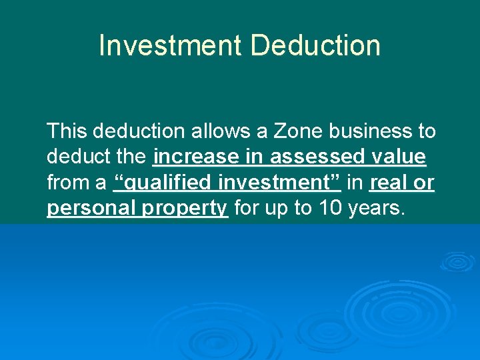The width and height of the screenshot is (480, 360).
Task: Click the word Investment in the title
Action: (x=171, y=46)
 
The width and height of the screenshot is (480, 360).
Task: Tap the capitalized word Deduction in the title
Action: (x=315, y=46)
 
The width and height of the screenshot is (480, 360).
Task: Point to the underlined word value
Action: (x=397, y=157)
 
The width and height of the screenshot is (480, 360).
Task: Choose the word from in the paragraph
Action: (x=69, y=183)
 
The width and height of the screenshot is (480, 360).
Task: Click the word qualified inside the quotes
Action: (x=167, y=183)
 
